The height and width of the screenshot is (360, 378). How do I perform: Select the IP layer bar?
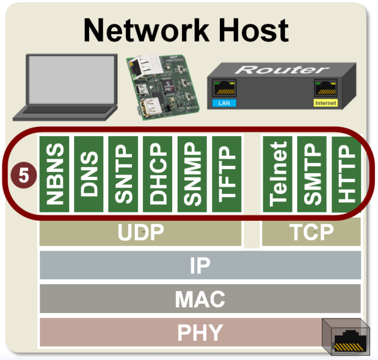coord(200,265)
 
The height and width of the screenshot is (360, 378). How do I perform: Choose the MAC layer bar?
coord(200,299)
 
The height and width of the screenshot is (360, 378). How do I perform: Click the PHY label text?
coord(200,333)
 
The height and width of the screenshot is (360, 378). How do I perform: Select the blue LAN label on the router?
coord(222,104)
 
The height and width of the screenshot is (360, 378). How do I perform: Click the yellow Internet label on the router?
coord(325,104)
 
